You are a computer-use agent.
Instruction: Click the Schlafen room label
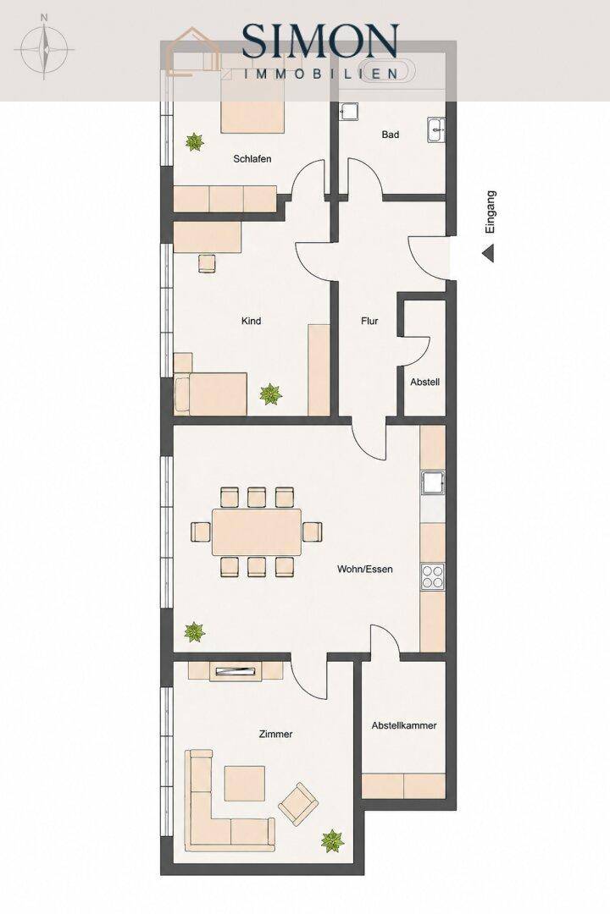pos(252,158)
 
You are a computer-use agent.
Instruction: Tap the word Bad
pos(391,135)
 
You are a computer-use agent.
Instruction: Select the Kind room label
pos(251,321)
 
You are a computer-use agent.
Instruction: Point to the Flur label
pos(369,321)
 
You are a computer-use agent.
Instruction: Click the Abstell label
pos(425,383)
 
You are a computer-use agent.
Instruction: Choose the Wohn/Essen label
pos(365,569)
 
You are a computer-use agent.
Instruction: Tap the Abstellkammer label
pos(404,726)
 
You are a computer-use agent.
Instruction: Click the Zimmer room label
pos(275,734)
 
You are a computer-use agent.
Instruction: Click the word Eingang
pos(491,212)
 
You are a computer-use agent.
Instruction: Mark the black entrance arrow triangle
pos(489,254)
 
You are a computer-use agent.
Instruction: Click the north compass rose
pos(44,47)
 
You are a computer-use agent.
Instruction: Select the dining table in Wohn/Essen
pos(257,531)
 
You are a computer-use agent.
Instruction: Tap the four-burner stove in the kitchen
pos(433,577)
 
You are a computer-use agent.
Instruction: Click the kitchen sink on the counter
pos(433,483)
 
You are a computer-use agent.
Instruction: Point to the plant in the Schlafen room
pos(194,141)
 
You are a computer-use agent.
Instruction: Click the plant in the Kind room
pos(270,394)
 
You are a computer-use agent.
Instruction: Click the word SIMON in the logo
pos(320,41)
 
